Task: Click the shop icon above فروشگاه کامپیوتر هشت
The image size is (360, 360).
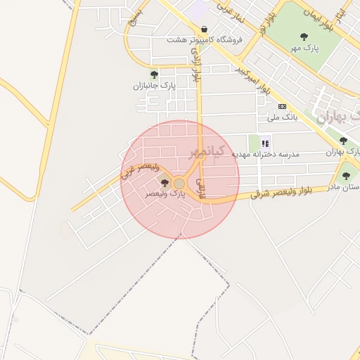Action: click(204, 30)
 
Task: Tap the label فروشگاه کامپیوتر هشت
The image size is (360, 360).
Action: click(205, 40)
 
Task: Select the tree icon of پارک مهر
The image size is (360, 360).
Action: click(304, 37)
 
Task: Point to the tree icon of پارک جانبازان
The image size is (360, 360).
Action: click(154, 75)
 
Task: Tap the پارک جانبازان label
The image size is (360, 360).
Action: click(154, 86)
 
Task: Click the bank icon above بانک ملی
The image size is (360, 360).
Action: click(282, 106)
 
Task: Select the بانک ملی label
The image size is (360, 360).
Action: click(283, 117)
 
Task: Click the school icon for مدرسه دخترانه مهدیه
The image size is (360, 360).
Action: click(265, 143)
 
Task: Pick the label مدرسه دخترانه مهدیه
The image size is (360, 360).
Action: click(270, 154)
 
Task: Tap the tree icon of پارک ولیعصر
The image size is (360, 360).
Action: click(165, 183)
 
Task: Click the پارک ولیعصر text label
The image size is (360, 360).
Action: click(165, 193)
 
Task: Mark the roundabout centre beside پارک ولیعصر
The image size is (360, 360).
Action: click(179, 184)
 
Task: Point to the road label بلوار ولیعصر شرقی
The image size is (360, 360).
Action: click(288, 192)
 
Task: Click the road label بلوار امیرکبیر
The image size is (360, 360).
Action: click(256, 80)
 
